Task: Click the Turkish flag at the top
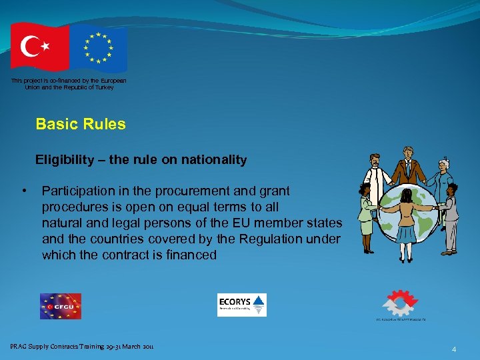[x=40, y=46]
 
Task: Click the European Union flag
[x=99, y=48]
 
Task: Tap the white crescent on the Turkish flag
[x=31, y=46]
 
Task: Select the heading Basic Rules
[x=81, y=124]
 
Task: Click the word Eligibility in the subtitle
[x=64, y=160]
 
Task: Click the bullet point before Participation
[x=24, y=191]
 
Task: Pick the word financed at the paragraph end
[x=189, y=255]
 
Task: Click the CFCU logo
[x=60, y=306]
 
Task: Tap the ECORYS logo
[x=241, y=305]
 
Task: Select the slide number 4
[x=453, y=349]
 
